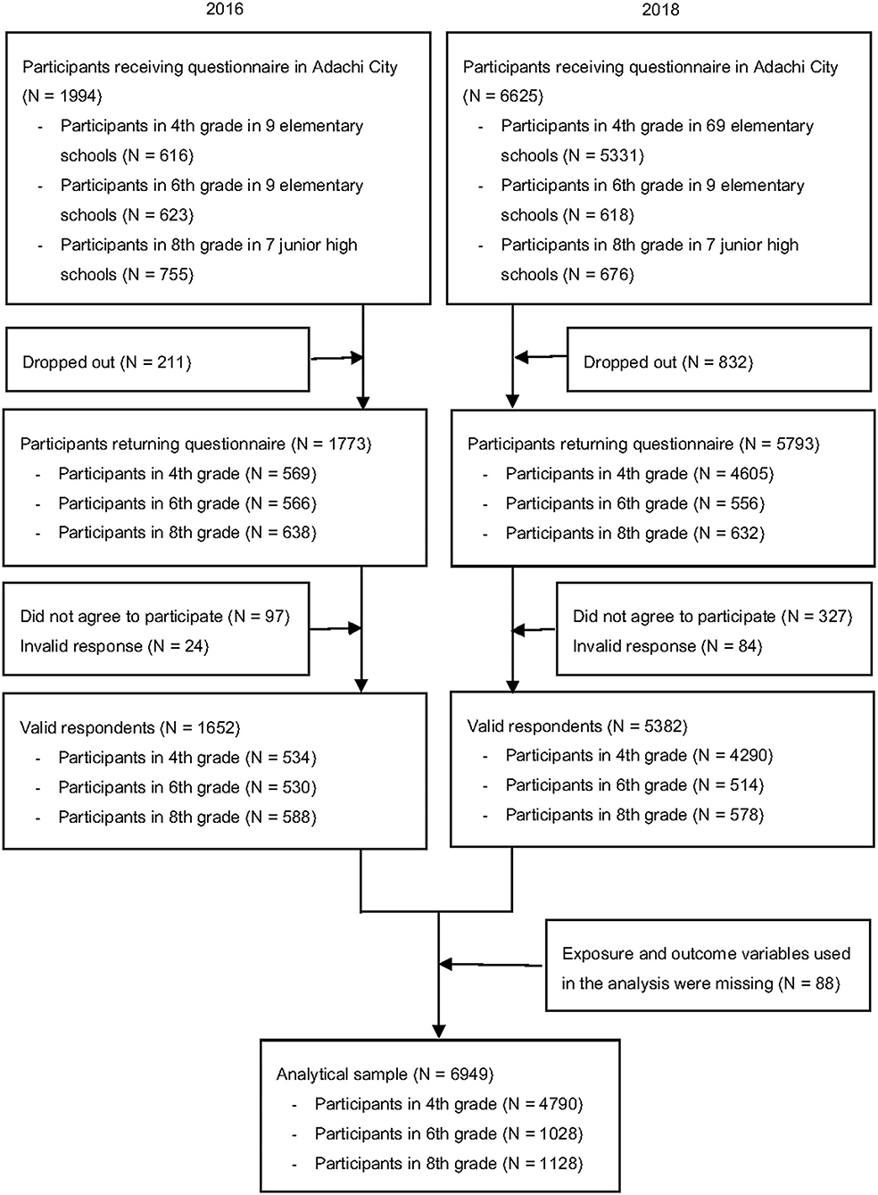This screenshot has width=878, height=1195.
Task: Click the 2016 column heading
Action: pos(225,9)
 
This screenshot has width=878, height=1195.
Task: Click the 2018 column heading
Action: pos(660,10)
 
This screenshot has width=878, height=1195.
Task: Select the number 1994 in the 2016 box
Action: pos(80,96)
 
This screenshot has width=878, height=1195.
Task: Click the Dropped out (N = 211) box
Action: pos(157,360)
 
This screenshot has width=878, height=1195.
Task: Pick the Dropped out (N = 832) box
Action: pos(718,360)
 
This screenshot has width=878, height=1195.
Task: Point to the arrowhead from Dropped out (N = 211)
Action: pos(357,358)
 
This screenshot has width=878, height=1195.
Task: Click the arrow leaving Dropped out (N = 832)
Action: pos(541,356)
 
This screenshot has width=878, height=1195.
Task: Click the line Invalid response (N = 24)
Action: pos(114,646)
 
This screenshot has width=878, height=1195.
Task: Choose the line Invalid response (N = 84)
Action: pos(667,646)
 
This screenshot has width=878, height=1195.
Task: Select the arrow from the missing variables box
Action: pos(490,965)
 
